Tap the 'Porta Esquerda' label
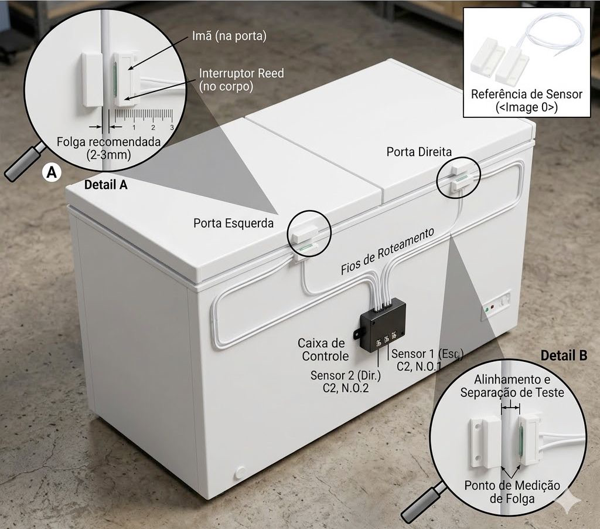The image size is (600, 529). pos(233,223)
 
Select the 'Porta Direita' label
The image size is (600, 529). pos(419,152)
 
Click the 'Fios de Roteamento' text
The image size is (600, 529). pos(388,251)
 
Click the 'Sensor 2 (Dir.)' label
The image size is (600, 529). pos(346,376)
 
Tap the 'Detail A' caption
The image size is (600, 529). pos(105,185)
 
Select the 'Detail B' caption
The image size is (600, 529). pos(564,355)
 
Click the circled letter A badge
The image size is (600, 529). pos(52,173)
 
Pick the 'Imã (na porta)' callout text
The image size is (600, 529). pos(229,36)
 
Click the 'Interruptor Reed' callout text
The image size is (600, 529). pos(241,73)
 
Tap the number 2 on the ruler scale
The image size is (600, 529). pos(153,127)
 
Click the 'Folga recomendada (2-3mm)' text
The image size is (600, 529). pos(108,148)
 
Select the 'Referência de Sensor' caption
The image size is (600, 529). pos(527,94)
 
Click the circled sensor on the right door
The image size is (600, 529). pos(459,177)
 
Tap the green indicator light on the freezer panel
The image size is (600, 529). pos(487,310)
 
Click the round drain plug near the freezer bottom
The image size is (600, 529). pos(240,472)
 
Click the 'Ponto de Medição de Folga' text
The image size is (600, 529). pos(512,492)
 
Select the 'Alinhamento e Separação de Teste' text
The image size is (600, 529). pos(512,386)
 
